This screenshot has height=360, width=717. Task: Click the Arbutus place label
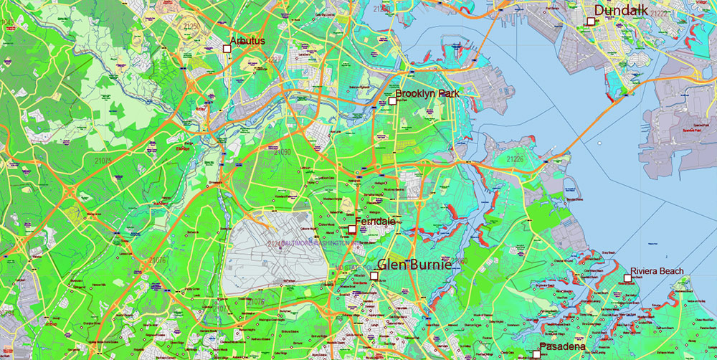(247, 41)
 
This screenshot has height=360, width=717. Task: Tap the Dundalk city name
(620, 11)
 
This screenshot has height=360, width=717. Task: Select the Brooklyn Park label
(427, 93)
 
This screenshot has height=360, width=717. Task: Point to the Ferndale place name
(375, 222)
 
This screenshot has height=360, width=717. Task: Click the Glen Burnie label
(414, 265)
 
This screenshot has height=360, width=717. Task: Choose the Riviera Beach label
(657, 271)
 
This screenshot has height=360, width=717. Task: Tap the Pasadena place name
(563, 347)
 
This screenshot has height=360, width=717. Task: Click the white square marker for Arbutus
(227, 48)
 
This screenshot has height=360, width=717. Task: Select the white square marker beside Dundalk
(591, 22)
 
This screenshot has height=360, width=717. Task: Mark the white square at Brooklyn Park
(392, 101)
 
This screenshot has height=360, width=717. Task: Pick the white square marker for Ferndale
(351, 229)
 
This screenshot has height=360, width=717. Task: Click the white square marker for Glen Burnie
(374, 275)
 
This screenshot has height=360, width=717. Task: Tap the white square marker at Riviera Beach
(627, 278)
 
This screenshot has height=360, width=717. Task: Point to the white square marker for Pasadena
(536, 354)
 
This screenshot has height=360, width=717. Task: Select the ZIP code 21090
(282, 152)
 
